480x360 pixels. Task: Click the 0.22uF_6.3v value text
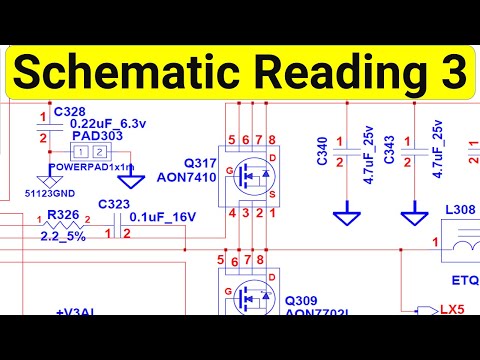[109, 123]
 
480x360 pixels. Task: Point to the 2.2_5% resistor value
[62, 236]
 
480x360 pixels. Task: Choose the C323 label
[114, 205]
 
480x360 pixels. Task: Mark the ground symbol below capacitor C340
[348, 215]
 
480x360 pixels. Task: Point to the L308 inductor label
[458, 211]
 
